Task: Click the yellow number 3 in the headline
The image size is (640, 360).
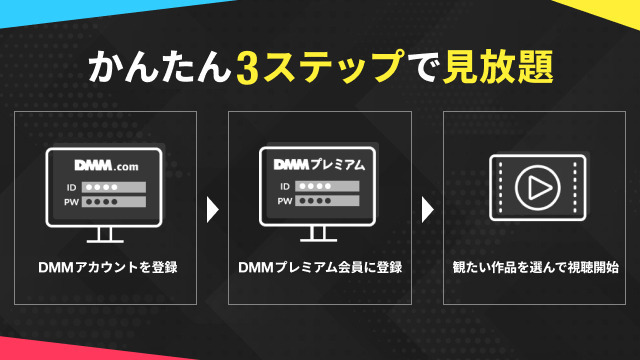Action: click(247, 68)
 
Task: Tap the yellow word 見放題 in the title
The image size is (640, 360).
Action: click(498, 67)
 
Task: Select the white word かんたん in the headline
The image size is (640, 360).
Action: click(160, 67)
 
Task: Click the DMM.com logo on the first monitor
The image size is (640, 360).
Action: click(107, 165)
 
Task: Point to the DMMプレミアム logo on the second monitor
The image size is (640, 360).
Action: click(319, 164)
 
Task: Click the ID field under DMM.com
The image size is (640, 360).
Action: click(114, 187)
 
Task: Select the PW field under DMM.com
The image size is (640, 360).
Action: click(114, 202)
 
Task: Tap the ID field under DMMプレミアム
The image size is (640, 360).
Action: click(327, 186)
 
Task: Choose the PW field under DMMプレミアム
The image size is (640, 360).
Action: click(327, 200)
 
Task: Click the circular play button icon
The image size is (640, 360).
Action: click(538, 188)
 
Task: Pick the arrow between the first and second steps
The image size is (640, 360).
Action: click(212, 210)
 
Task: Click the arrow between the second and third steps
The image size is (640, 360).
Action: click(427, 210)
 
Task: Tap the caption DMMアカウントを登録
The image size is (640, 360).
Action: click(108, 267)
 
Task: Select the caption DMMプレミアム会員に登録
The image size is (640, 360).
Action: click(320, 267)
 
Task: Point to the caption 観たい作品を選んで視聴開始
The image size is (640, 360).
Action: click(535, 267)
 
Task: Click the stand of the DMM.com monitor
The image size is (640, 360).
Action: click(105, 235)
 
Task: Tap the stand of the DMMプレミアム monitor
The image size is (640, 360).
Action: click(318, 234)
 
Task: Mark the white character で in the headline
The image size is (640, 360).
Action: click(423, 68)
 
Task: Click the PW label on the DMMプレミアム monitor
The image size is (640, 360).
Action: click(285, 201)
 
